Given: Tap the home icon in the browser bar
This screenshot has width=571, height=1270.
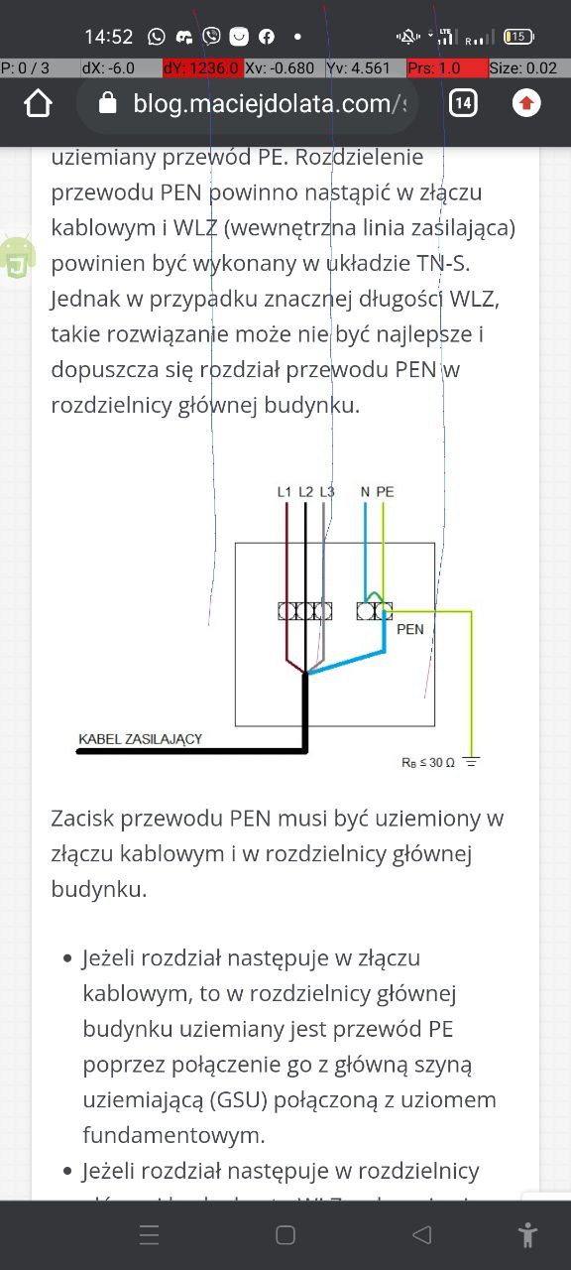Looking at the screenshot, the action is pos(38,104).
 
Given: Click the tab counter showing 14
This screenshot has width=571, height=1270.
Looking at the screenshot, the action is pos(463,103).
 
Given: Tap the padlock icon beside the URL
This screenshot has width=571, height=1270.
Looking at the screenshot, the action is pos(107,103).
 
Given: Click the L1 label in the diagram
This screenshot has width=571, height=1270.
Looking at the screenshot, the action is pos(284,492).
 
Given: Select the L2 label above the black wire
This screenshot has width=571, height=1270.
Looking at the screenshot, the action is pos(305,492).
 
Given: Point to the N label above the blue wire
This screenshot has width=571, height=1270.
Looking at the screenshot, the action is pos(366,492).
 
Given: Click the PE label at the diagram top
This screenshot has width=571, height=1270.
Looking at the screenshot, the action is pos(386,492).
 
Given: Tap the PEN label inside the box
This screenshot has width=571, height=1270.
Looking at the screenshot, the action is pos(410,629).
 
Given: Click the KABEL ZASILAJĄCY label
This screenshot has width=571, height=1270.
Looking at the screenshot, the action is pos(140,739).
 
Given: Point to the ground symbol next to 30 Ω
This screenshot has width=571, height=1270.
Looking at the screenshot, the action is pos(471,761).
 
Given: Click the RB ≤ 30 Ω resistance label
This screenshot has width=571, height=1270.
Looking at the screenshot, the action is pos(427,763).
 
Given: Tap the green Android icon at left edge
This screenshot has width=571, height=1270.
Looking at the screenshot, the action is pos(18,256).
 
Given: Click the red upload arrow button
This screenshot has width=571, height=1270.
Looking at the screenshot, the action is pos(526,103).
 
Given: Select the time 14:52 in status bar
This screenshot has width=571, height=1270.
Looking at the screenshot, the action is pos(108,38).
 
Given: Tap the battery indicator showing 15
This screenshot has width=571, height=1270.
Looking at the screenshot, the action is pos(518,37).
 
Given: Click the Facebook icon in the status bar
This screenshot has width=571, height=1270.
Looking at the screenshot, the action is pos(267,37).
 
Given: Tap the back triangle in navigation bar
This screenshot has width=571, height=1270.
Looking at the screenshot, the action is pos(422,1235).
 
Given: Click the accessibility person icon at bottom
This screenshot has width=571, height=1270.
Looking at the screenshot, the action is pos(527,1235).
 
